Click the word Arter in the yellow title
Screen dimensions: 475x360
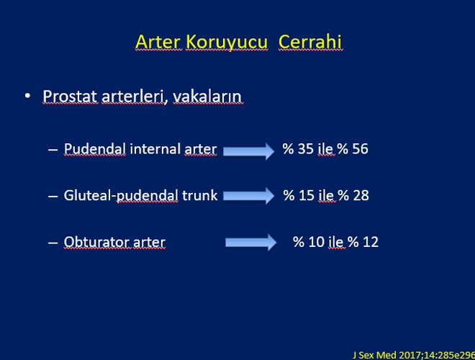tap(159, 42)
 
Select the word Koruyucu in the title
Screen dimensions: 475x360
tap(227, 42)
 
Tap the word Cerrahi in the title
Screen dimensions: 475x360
tap(310, 42)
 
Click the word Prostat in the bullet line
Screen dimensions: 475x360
tap(71, 96)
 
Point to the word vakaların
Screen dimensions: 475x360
tap(208, 96)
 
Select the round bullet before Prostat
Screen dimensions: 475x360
tap(27, 96)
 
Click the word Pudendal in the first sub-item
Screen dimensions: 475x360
tap(94, 149)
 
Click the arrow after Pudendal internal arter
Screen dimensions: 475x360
tap(249, 151)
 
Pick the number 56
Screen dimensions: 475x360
tap(360, 149)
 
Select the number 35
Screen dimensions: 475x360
tap(306, 149)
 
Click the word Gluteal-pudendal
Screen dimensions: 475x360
tap(121, 195)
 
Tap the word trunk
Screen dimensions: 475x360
tap(199, 195)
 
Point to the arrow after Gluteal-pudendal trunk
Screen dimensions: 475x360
tap(249, 196)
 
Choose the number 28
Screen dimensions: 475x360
tap(361, 195)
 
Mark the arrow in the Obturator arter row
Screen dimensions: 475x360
tap(251, 243)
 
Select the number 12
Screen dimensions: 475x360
tap(371, 242)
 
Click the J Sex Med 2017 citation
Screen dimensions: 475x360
tap(414, 355)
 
